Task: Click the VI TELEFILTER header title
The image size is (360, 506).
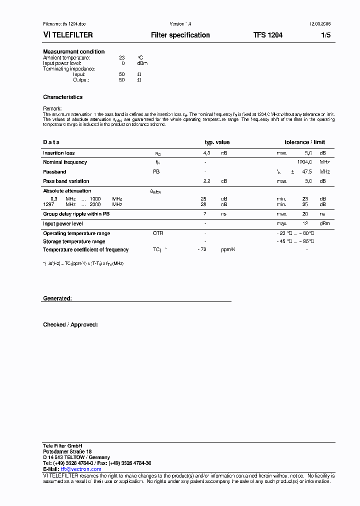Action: [67, 35]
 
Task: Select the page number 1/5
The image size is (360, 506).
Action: [325, 35]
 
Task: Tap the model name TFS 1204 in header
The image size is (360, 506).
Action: [267, 35]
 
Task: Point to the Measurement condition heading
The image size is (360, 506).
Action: [74, 51]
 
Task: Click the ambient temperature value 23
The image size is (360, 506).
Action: [121, 58]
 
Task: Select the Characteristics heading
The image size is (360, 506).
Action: [62, 97]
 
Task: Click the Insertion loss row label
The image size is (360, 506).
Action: [59, 153]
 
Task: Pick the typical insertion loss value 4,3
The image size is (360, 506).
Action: [206, 153]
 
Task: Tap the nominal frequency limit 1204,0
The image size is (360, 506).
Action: [304, 162]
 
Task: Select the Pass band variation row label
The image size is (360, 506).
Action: [66, 181]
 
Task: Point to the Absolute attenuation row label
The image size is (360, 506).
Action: [67, 190]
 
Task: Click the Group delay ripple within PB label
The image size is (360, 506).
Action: [76, 214]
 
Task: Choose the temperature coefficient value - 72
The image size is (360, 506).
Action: [202, 249]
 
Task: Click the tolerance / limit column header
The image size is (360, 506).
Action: [304, 142]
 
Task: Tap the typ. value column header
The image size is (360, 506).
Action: [217, 142]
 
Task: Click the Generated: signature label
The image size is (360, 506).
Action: [57, 298]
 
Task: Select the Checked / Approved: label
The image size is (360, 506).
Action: [70, 324]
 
